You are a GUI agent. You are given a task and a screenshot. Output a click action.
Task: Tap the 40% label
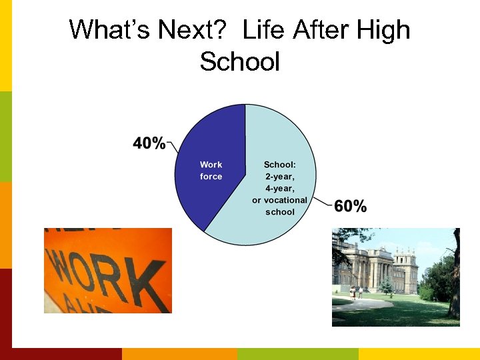tap(149, 143)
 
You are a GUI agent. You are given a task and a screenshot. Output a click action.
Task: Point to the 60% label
tap(350, 206)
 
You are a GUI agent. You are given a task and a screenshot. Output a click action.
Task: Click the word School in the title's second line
tap(239, 62)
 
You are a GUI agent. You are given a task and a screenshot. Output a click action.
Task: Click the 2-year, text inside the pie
tap(279, 176)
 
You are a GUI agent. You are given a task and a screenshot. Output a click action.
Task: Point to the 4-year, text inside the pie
tap(279, 188)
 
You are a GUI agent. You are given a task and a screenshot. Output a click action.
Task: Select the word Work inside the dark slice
tap(211, 165)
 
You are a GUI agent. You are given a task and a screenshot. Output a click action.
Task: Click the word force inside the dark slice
tap(211, 177)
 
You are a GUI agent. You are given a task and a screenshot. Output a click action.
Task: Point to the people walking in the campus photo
tap(355, 292)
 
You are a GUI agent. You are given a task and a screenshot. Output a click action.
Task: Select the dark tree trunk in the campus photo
tap(455, 280)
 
